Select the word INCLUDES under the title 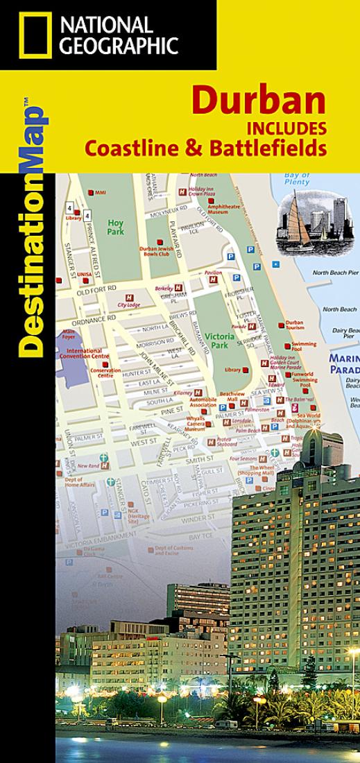click(286, 129)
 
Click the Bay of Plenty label click(297, 178)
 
